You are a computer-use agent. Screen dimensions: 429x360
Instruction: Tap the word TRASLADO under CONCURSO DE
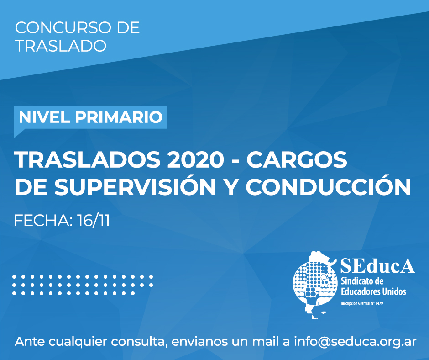pos(61,46)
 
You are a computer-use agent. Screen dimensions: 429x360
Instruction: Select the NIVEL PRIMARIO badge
pos(90,117)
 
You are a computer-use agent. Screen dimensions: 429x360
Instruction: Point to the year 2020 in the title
pos(196,160)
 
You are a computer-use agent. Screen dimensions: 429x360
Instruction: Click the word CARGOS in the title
pos(297,160)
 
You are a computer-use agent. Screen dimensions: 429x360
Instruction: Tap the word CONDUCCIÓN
pos(328,186)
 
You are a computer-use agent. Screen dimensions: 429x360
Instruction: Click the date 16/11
pos(93,221)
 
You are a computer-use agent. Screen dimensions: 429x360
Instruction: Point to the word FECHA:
pos(43,221)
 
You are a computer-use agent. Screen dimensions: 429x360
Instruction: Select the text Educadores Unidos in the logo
pos(373,291)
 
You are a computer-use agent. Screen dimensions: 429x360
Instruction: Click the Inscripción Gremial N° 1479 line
pos(362,303)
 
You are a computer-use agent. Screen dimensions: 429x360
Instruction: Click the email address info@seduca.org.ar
pos(355,342)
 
